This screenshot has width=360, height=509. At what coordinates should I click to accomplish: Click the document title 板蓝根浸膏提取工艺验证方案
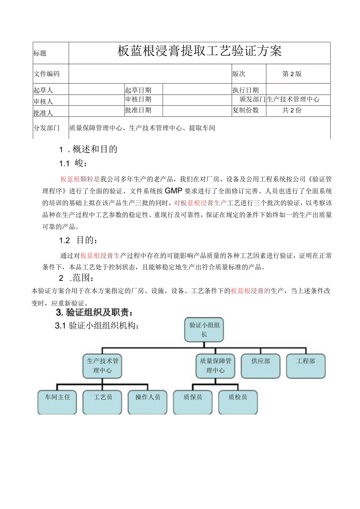point(200,51)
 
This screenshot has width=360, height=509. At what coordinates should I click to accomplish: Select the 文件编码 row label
point(47,74)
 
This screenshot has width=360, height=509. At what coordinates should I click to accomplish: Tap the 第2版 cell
point(292,74)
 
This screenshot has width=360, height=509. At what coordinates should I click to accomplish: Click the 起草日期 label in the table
point(138,90)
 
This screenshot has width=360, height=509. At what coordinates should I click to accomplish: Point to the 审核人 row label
point(43,101)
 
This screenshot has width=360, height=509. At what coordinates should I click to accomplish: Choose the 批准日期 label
point(138,110)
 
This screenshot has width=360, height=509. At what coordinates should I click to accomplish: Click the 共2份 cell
point(292,110)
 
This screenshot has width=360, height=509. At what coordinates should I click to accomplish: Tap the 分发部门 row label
point(47,128)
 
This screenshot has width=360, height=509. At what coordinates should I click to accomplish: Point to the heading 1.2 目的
point(79,240)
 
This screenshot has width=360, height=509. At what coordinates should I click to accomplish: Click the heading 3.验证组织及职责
point(96,312)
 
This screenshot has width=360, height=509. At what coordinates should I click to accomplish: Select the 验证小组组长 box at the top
point(203,329)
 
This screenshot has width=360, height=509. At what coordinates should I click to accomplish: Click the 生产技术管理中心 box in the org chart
point(102,366)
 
